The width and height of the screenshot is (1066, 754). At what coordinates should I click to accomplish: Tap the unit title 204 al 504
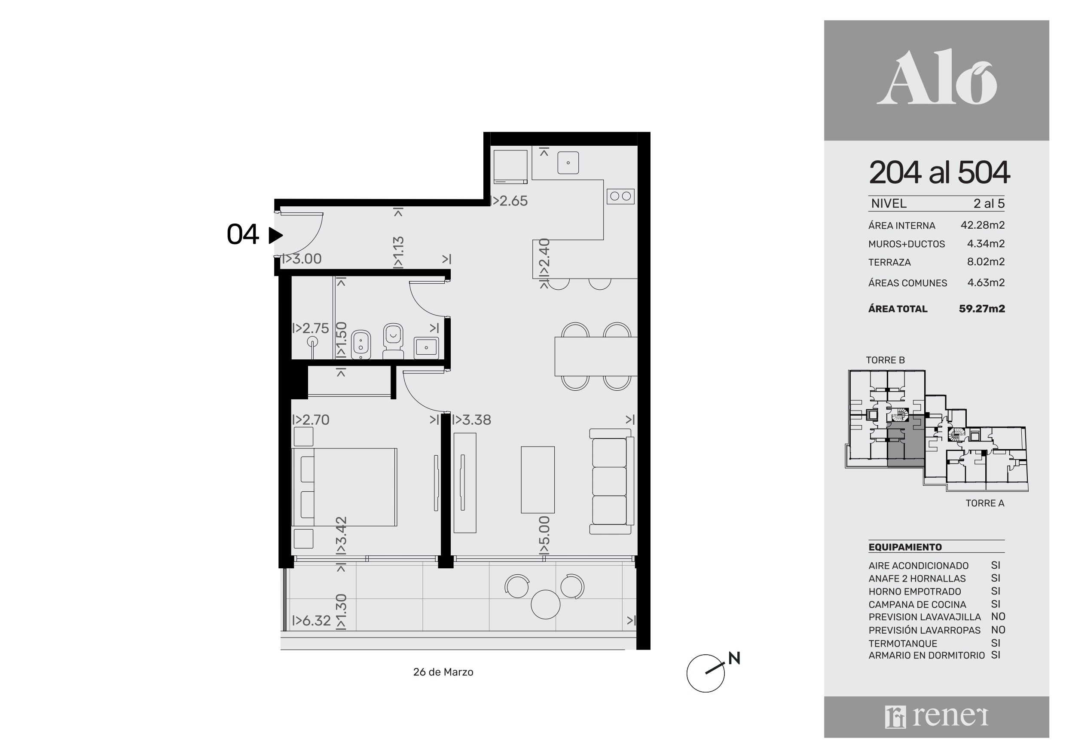tap(939, 172)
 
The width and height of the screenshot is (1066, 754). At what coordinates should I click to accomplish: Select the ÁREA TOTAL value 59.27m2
tap(982, 309)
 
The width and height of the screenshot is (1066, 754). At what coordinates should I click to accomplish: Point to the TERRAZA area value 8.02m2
tap(986, 261)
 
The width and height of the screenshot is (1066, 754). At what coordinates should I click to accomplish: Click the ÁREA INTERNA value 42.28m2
tap(982, 225)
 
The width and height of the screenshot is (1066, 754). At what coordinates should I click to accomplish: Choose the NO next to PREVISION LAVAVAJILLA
tap(998, 616)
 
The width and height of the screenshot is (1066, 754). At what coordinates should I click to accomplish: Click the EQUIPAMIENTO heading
tap(905, 547)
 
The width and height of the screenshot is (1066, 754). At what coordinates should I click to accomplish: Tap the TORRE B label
tap(885, 360)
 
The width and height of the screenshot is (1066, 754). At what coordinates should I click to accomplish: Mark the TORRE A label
tap(985, 503)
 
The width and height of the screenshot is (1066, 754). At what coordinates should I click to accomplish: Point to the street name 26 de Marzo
tap(443, 672)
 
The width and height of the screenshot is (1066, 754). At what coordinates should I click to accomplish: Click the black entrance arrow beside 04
tap(275, 236)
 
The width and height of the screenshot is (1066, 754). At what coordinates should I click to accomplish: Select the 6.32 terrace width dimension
tap(312, 621)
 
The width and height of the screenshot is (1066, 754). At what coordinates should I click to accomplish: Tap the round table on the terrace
tap(546, 604)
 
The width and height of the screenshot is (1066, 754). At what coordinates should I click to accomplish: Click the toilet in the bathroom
tap(393, 341)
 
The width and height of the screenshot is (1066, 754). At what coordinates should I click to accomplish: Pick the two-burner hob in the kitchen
tap(620, 196)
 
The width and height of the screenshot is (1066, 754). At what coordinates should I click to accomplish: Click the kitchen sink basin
tap(568, 162)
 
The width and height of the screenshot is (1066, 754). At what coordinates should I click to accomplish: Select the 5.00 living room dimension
tap(544, 535)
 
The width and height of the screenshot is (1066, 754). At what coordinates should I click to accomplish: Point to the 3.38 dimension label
tap(471, 420)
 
